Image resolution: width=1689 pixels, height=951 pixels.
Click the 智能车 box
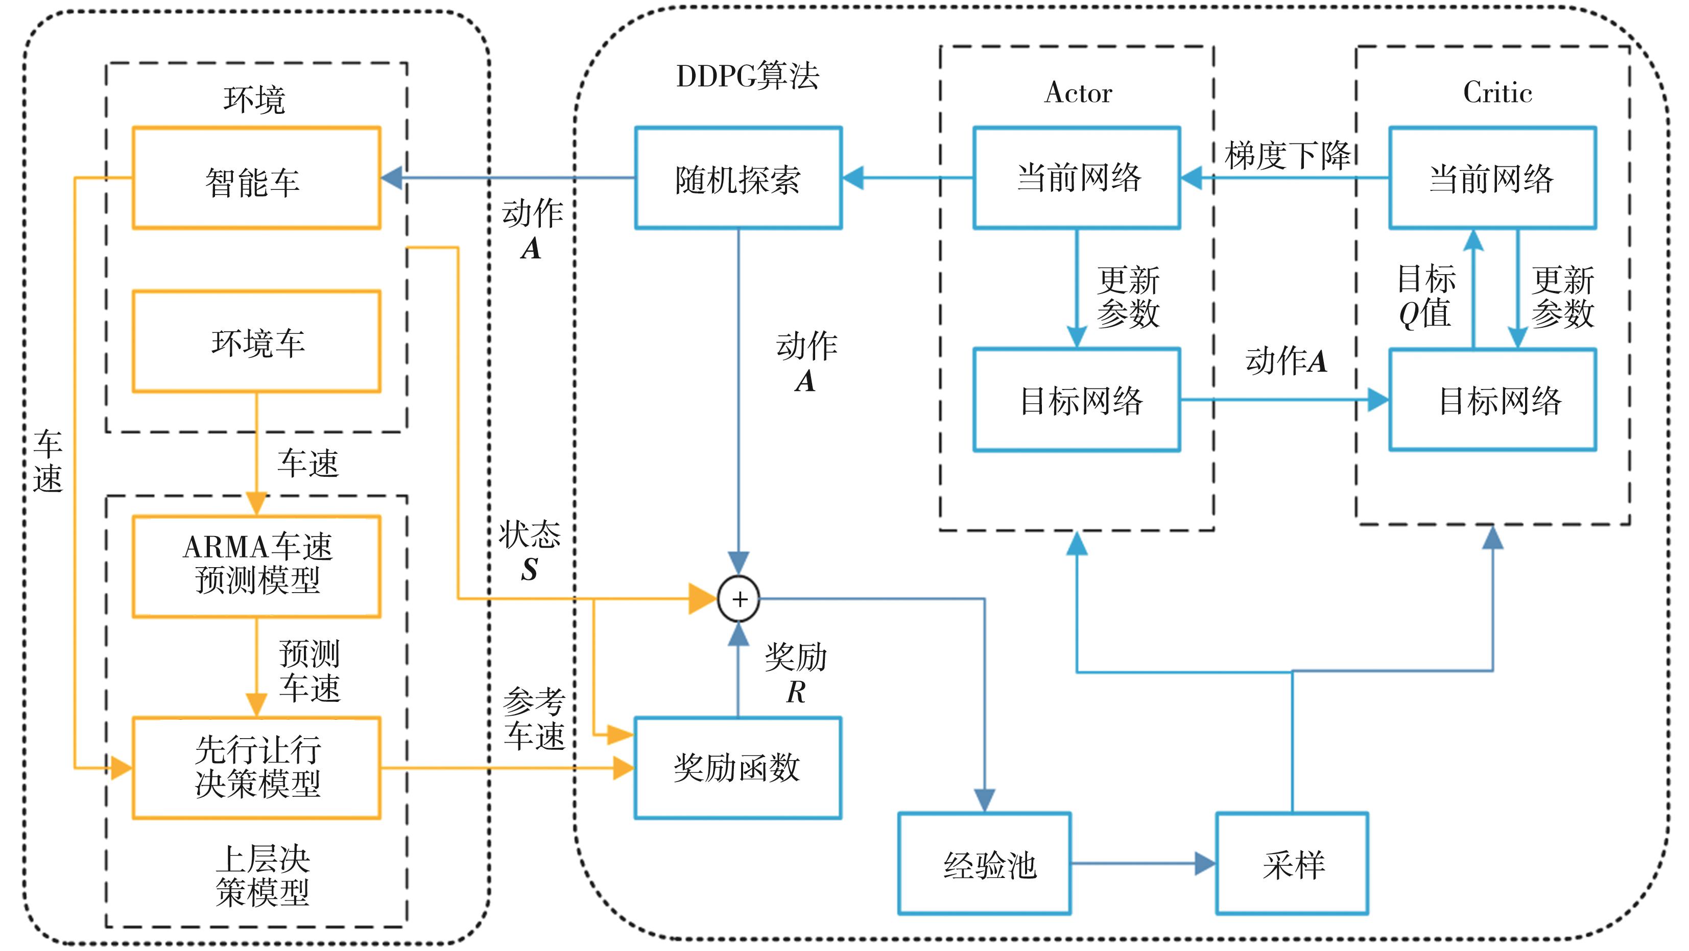tap(256, 178)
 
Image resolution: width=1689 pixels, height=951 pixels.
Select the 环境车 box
tap(256, 342)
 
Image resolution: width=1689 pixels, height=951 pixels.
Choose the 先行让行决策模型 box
tap(256, 767)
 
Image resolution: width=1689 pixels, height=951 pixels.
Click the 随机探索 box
tap(739, 178)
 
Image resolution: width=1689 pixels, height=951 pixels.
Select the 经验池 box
tap(984, 863)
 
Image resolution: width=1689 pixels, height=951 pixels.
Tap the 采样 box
tap(1292, 863)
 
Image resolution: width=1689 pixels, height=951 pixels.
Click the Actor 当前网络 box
tap(1077, 178)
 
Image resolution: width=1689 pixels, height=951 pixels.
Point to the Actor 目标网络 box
tap(1077, 400)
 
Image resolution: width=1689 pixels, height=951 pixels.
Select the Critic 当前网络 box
tap(1492, 178)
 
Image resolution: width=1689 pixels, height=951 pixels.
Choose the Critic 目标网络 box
tap(1492, 400)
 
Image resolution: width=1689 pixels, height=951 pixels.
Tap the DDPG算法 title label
tap(748, 76)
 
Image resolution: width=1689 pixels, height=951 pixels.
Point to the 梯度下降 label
tap(1287, 156)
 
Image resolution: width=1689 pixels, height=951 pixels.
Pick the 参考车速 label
tap(534, 719)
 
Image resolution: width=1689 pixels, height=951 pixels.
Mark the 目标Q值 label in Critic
tap(1426, 296)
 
